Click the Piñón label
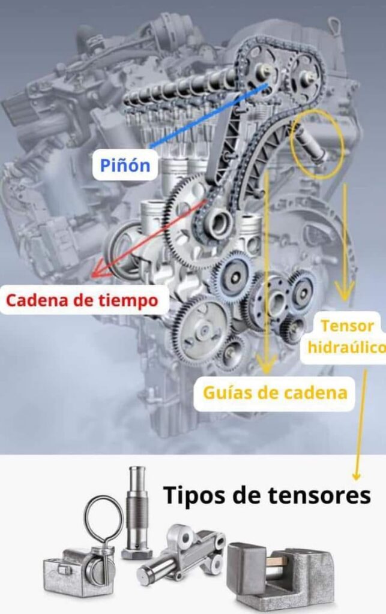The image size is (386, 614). pos(125,165)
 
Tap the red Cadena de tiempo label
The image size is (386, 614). pos(84,300)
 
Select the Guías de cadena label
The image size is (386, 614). pos(275,393)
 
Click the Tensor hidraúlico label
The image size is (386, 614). pos(347,336)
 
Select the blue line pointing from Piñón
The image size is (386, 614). pos(207,116)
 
